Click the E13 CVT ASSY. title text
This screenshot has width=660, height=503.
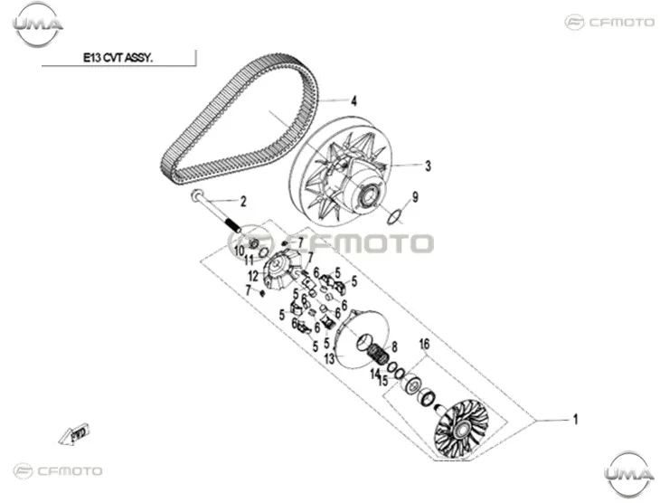(118, 58)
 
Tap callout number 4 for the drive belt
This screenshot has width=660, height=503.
(354, 101)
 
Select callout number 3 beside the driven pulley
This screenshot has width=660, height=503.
(428, 166)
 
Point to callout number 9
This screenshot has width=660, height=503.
(415, 196)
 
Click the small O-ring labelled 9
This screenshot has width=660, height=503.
(394, 218)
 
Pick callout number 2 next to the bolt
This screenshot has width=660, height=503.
(243, 202)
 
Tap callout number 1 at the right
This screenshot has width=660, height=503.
(575, 420)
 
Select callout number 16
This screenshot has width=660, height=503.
(424, 344)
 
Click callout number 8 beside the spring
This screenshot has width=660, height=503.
(394, 347)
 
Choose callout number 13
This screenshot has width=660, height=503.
(330, 359)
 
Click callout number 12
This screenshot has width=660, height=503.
(253, 276)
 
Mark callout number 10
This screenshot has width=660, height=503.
(239, 251)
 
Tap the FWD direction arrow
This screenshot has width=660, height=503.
(74, 434)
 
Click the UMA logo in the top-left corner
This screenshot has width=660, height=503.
(38, 24)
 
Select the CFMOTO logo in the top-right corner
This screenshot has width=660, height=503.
(609, 22)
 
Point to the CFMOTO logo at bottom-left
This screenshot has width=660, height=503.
(58, 470)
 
